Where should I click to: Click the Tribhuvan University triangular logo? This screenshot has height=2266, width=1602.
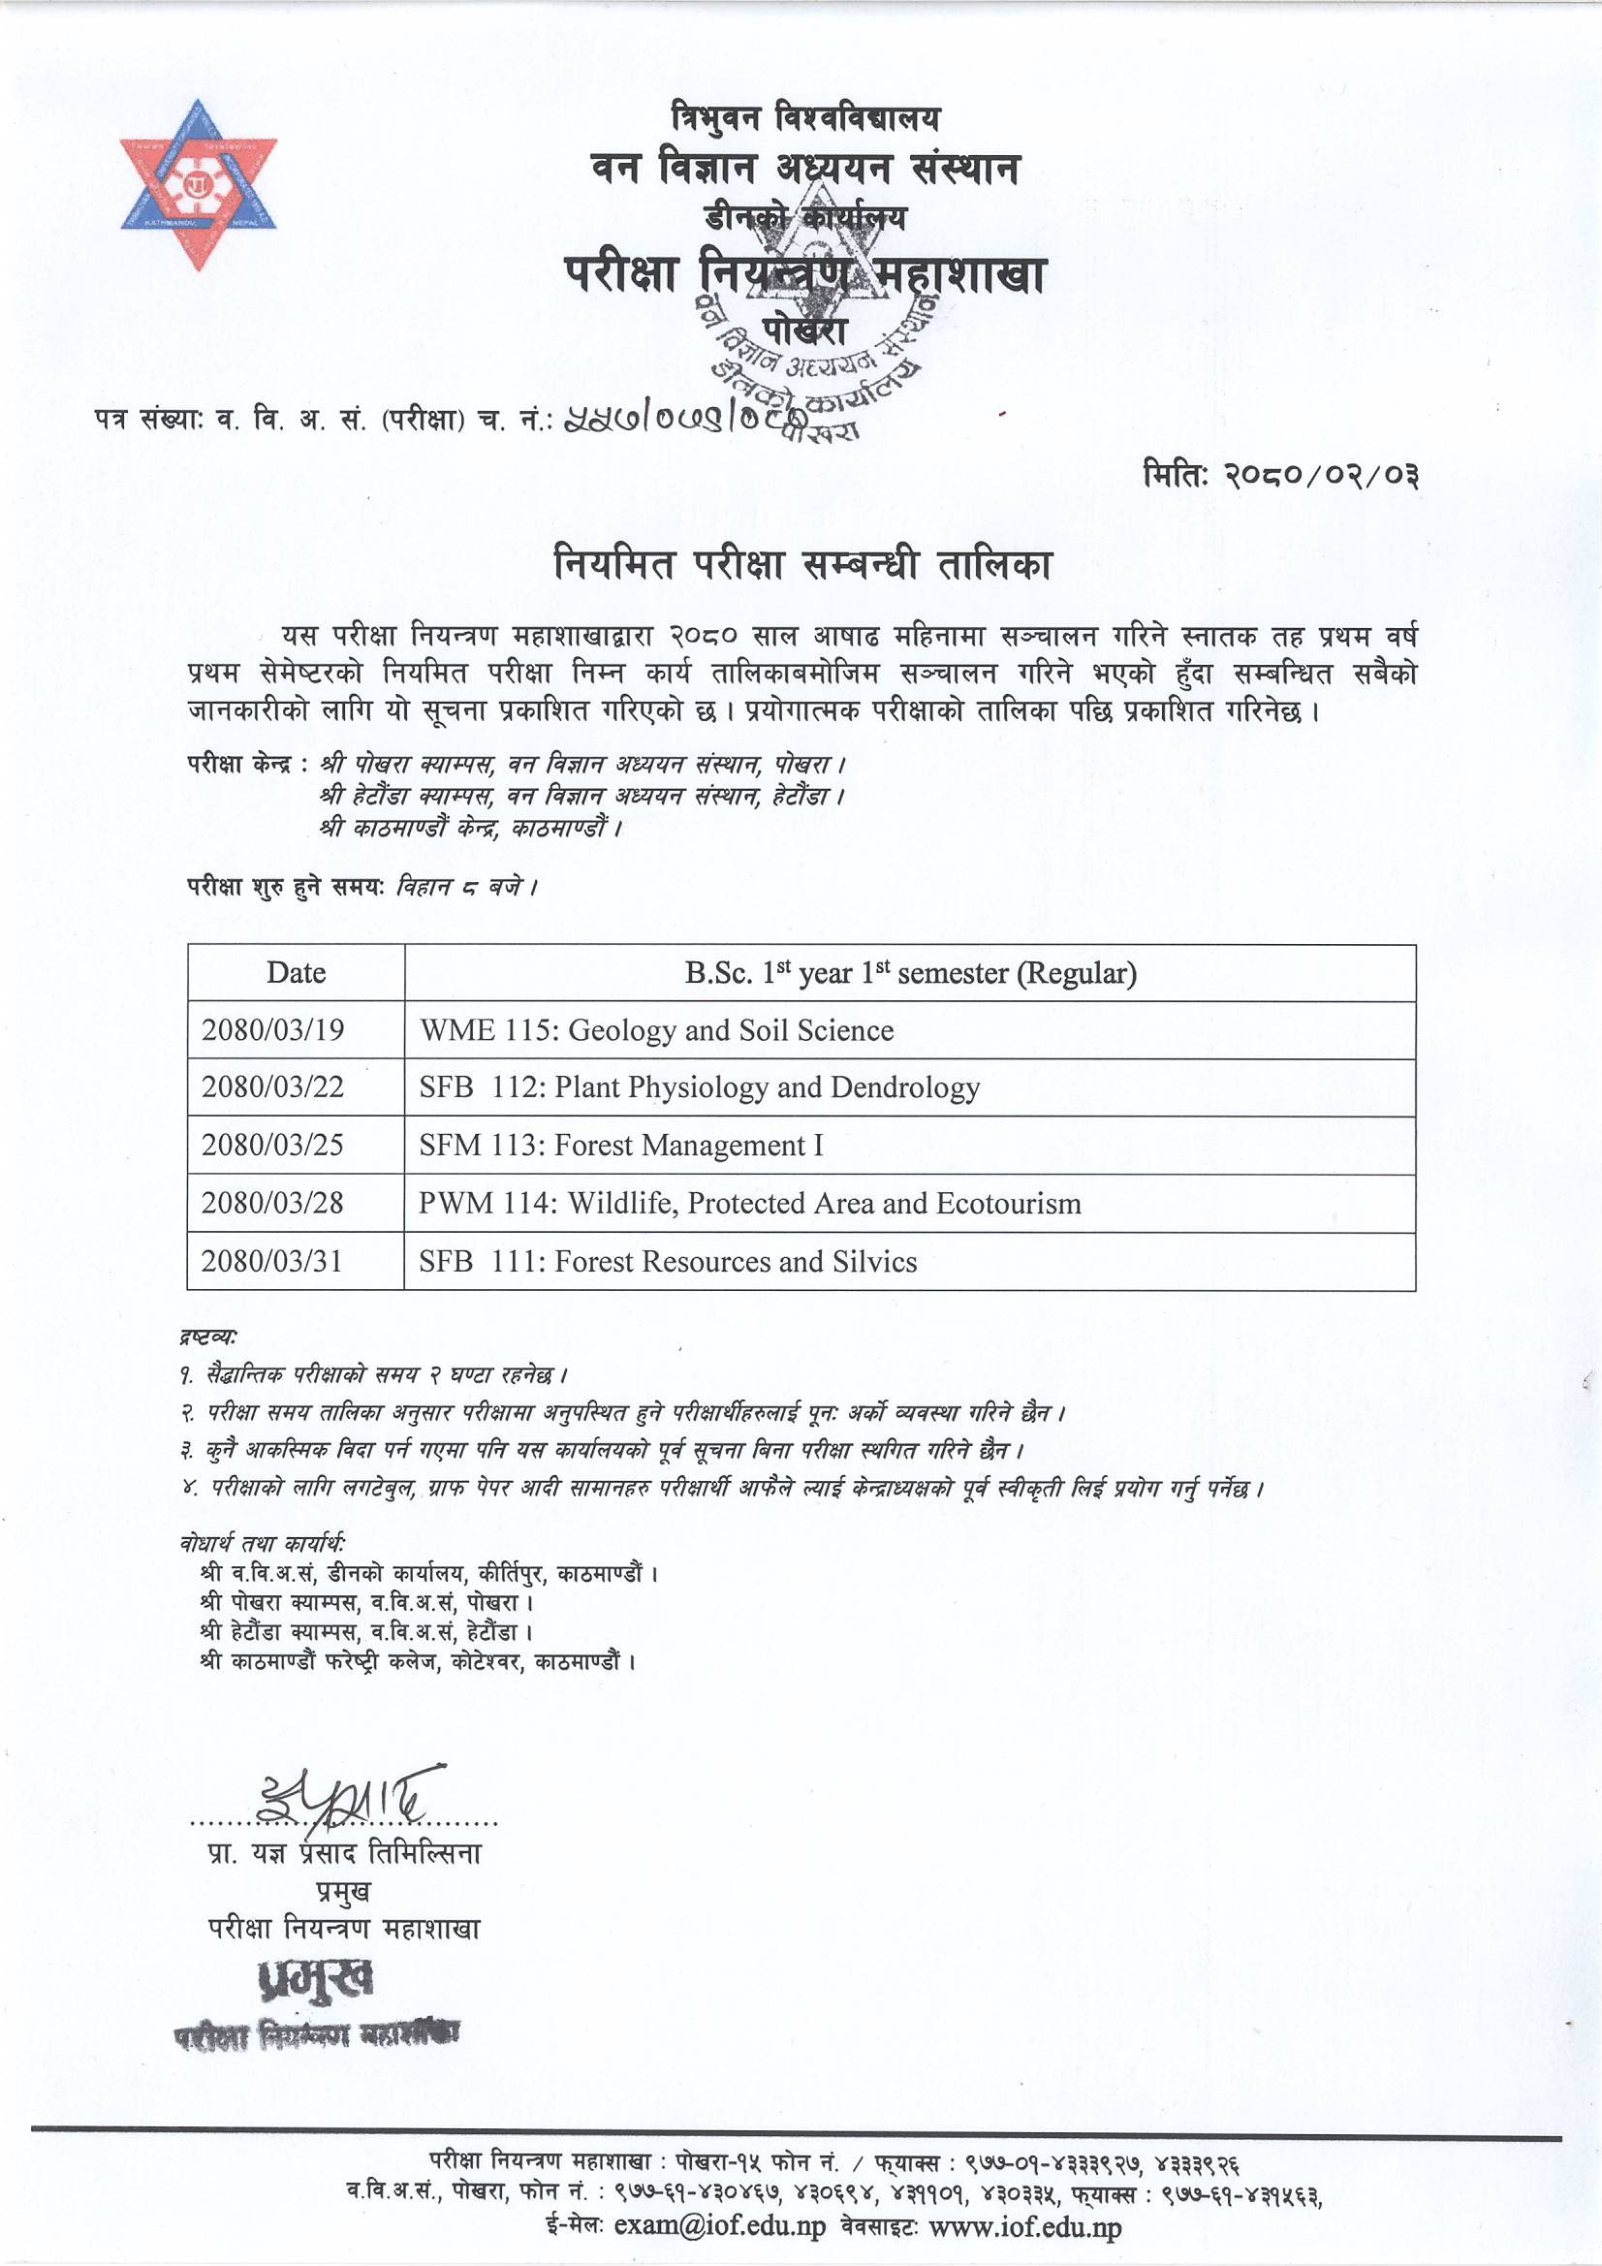199,184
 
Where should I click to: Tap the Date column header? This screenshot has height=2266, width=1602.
296,973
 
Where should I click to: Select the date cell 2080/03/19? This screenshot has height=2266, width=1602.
273,1030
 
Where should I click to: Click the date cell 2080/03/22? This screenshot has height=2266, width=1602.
273,1087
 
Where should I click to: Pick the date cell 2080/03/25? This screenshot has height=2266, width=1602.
273,1145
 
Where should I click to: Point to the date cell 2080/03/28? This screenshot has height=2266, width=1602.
273,1203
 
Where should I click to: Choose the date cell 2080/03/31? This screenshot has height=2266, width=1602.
273,1261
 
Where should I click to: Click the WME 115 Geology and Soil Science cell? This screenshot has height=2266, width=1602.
656,1030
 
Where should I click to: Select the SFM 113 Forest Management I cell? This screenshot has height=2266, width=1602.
621,1145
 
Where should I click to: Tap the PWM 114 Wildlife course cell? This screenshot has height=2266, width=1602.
749,1203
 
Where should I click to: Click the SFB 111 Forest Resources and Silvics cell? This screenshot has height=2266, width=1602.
667,1261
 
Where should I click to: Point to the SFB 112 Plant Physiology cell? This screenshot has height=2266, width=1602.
699,1087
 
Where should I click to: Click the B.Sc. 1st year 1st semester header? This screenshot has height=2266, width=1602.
910,973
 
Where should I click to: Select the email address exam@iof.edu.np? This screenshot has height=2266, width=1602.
719,2227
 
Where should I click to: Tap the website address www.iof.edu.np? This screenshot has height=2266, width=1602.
1025,2227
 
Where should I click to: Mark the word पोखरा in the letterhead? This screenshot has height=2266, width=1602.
803,330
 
